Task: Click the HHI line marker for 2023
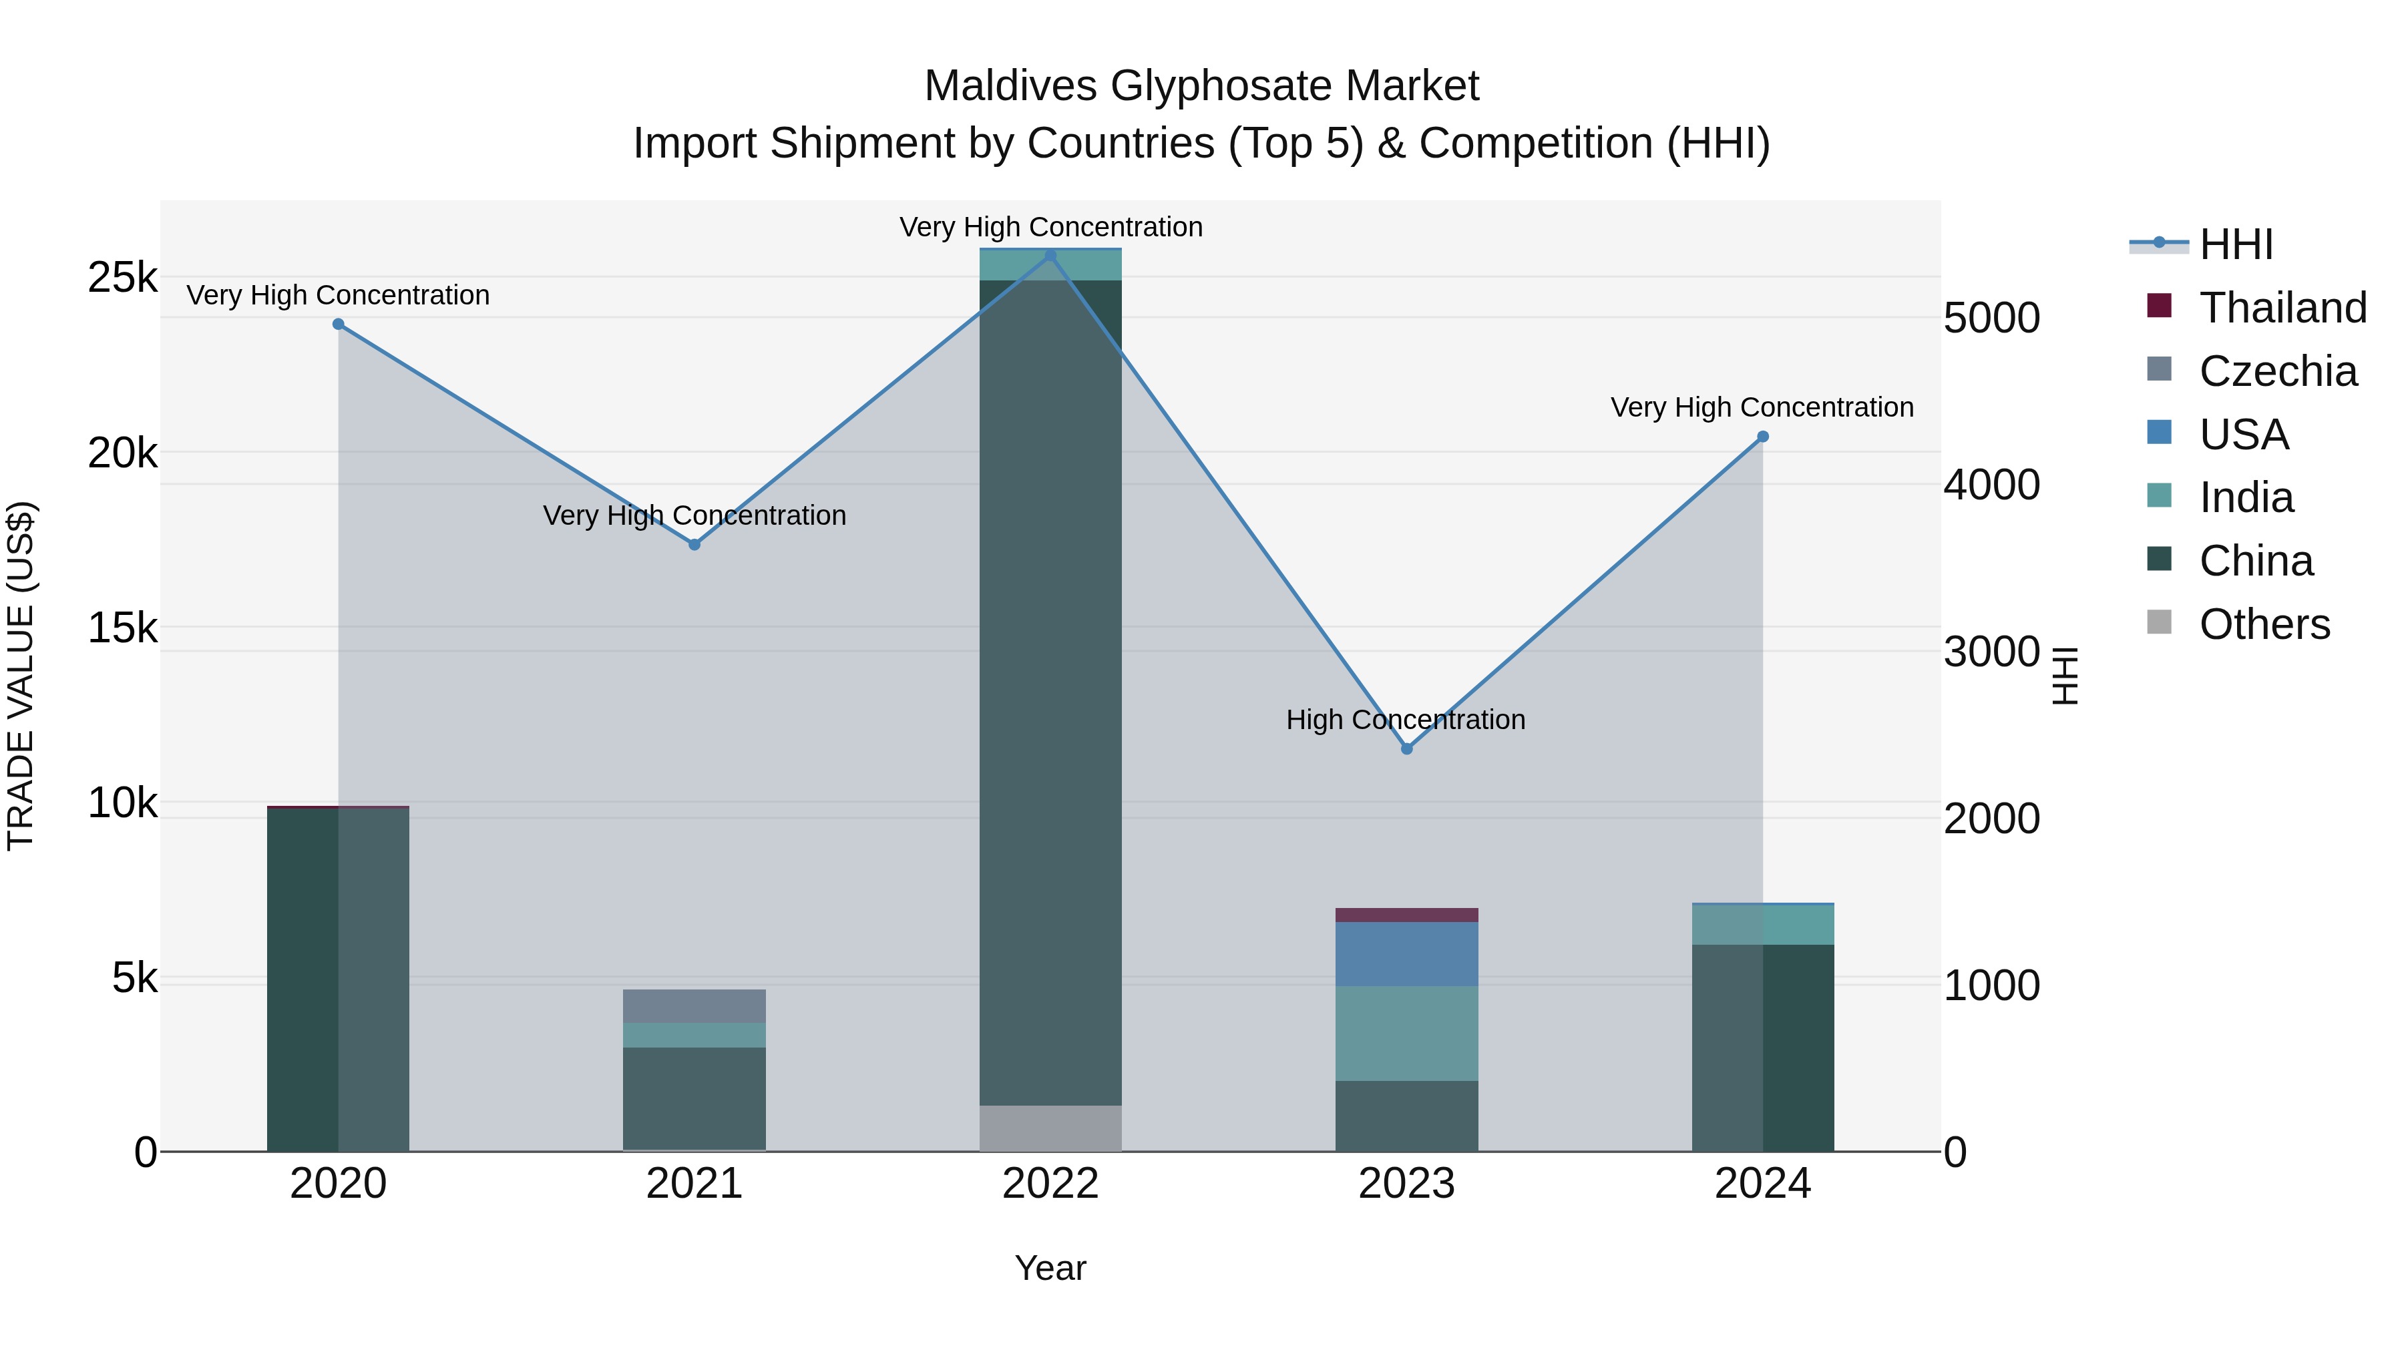pos(1406,748)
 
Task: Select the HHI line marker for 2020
pos(338,324)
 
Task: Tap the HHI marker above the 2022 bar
pos(1050,255)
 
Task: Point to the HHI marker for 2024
pos(1762,436)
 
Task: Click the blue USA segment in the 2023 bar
pos(1406,953)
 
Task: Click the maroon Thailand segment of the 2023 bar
pos(1406,915)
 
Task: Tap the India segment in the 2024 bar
pos(1762,925)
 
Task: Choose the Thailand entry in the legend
pos(2282,308)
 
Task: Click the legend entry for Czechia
pos(2277,371)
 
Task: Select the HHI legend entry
pos(2236,244)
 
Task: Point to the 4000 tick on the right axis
pos(1991,484)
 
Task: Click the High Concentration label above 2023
pos(1406,719)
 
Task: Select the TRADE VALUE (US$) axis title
pos(21,676)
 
